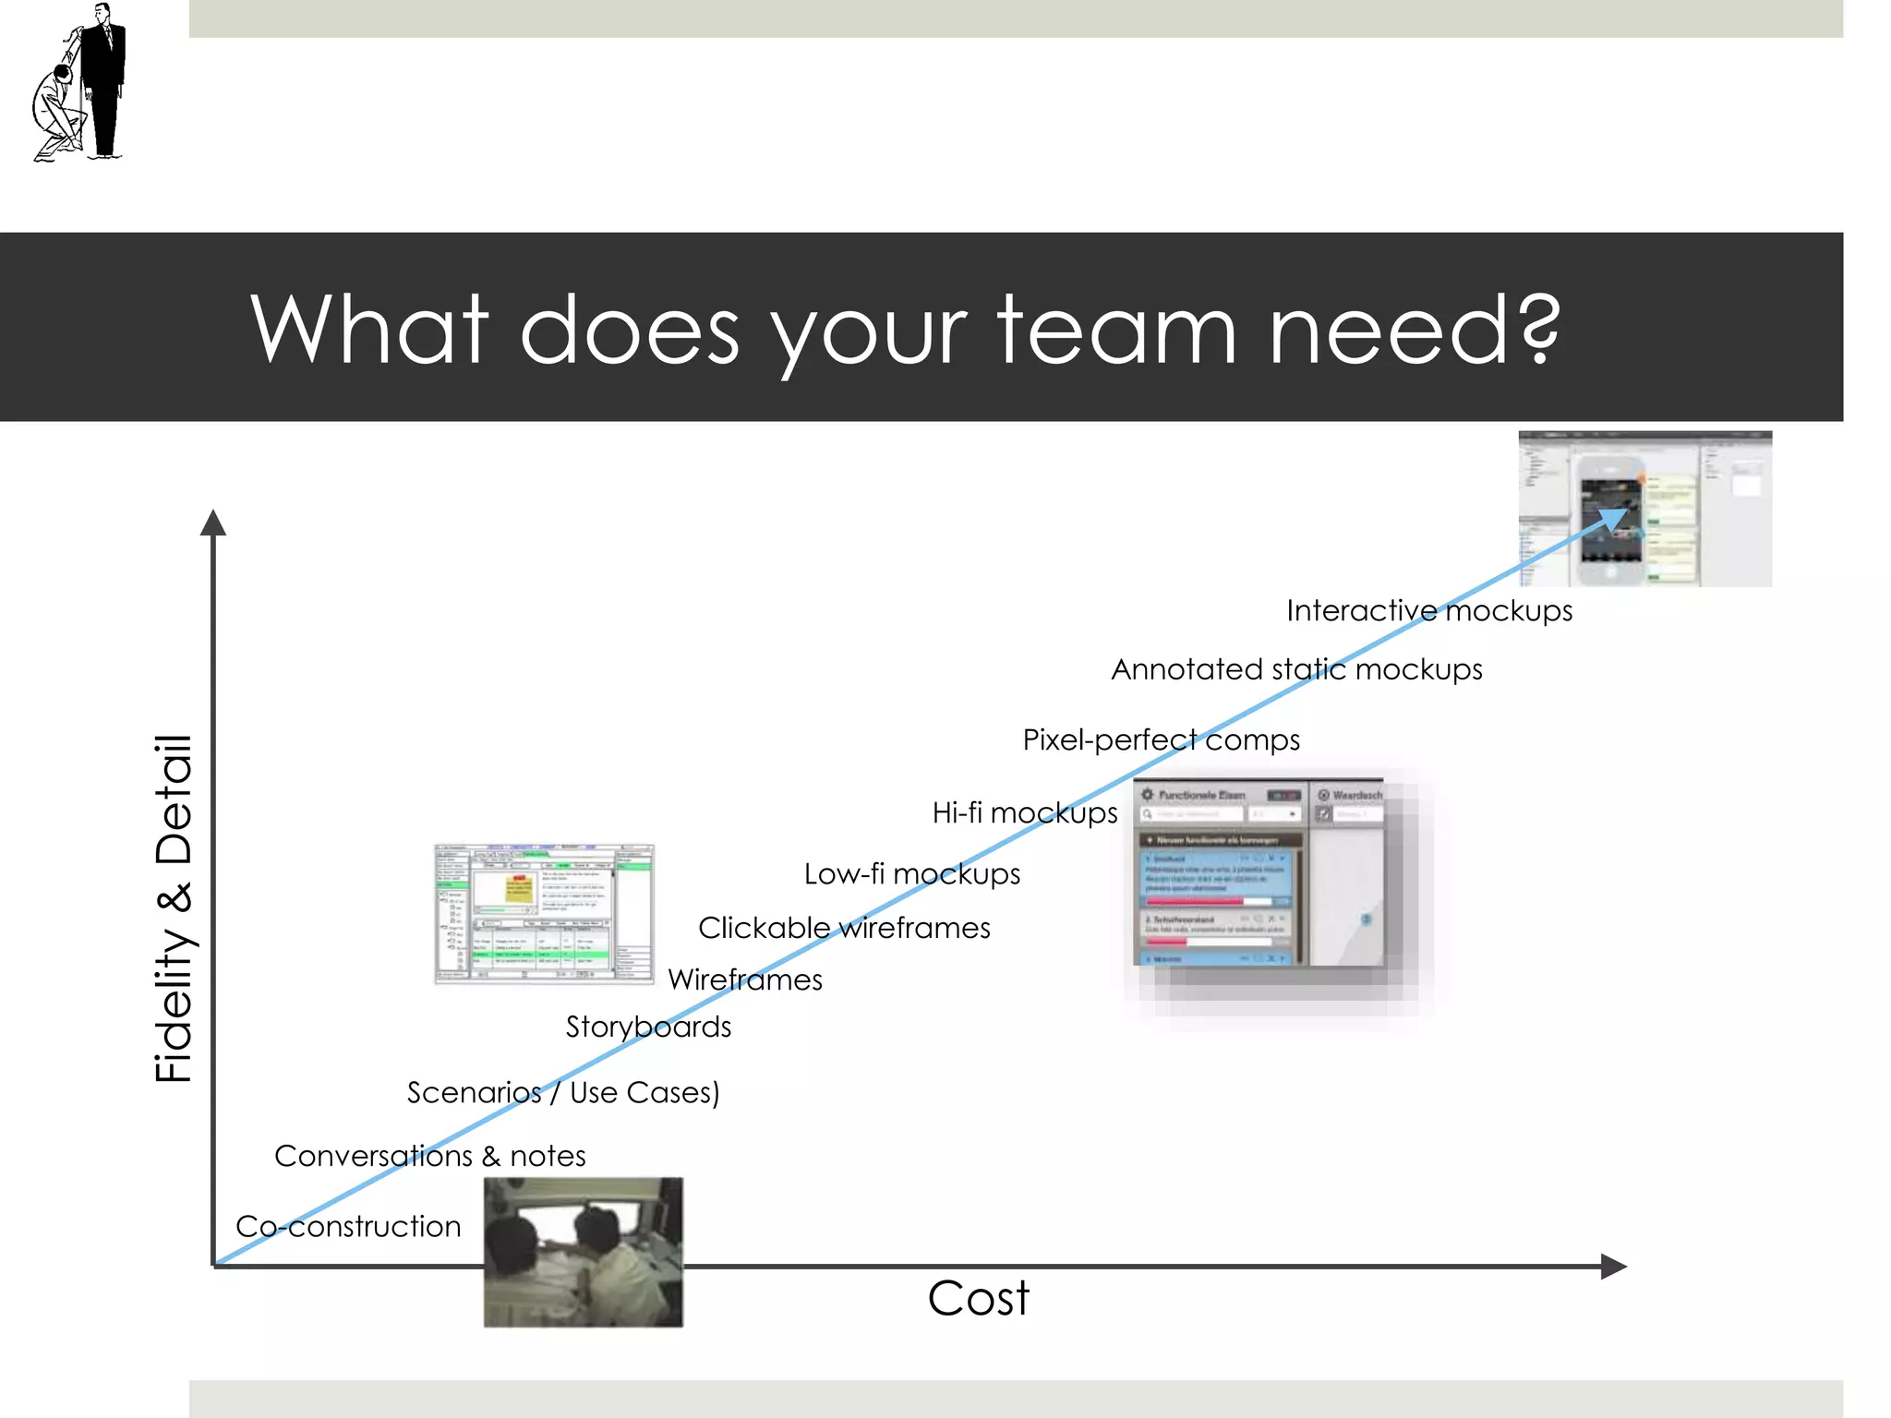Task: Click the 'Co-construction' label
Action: (348, 1226)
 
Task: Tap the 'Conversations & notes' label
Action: (429, 1156)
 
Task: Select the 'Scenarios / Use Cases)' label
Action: (563, 1092)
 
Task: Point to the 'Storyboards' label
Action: (648, 1027)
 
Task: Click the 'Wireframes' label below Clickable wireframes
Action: (745, 979)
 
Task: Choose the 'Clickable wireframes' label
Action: (844, 927)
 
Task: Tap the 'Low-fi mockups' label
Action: (912, 873)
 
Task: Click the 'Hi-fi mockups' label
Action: (1025, 812)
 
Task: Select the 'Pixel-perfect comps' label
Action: (1161, 739)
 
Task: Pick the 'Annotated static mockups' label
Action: (1296, 669)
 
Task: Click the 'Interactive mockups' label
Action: (1429, 610)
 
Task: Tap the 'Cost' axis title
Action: (978, 1298)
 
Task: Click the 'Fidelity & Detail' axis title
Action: (174, 909)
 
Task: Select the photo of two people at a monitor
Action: (584, 1252)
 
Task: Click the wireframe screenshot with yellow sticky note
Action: (545, 913)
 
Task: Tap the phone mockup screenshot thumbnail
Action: (1645, 509)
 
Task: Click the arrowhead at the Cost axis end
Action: (1613, 1267)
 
